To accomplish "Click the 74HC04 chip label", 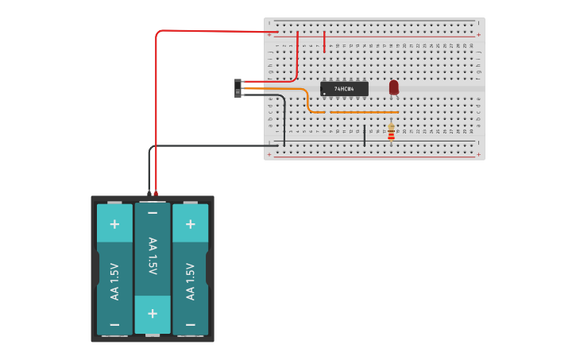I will pyautogui.click(x=345, y=89).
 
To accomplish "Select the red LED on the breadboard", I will pyautogui.click(x=393, y=87).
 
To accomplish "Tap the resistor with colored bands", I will pyautogui.click(x=391, y=133).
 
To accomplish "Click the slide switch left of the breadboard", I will pyautogui.click(x=238, y=88).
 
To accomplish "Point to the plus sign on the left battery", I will pyautogui.click(x=114, y=224).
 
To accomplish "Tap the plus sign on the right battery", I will pyautogui.click(x=191, y=224).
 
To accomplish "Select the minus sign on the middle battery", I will pyautogui.click(x=153, y=213).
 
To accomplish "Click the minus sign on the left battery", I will pyautogui.click(x=114, y=324).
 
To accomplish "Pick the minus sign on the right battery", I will pyautogui.click(x=191, y=324).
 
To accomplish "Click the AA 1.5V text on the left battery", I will pyautogui.click(x=114, y=281).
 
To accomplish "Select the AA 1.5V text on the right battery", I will pyautogui.click(x=191, y=281).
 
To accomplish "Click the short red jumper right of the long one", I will pyautogui.click(x=325, y=41).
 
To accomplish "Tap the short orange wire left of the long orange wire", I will pyautogui.click(x=317, y=112).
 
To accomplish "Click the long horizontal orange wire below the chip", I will pyautogui.click(x=363, y=112).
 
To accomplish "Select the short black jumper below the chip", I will pyautogui.click(x=365, y=135).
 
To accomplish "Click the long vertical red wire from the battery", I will pyautogui.click(x=157, y=111).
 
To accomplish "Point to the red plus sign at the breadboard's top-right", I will pyautogui.click(x=478, y=35).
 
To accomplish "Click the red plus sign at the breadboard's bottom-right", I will pyautogui.click(x=478, y=154).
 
